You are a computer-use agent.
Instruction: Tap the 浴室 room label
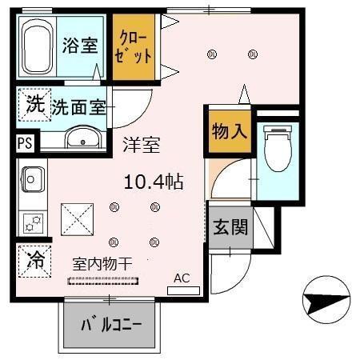[80, 46]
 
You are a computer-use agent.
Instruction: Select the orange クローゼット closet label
[134, 47]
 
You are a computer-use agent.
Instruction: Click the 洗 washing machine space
[33, 104]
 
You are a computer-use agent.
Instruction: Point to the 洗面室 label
[79, 106]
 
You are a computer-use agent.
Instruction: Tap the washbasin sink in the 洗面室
[80, 142]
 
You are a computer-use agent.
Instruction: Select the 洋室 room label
[141, 146]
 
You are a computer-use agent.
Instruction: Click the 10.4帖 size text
[154, 182]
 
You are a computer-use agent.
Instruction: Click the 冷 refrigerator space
[33, 259]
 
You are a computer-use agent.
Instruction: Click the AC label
[182, 278]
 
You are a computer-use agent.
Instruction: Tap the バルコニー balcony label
[112, 326]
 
